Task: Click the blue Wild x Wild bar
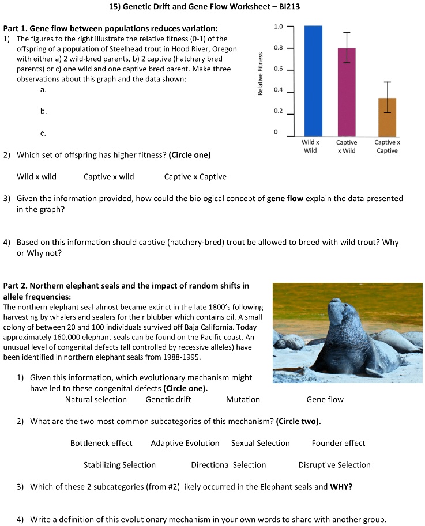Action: coord(313,81)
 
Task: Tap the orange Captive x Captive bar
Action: coord(387,116)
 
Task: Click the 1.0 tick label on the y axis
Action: coord(279,27)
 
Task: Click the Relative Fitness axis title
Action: coord(261,74)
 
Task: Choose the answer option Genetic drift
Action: coord(168,399)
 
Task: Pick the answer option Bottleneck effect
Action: coord(101,443)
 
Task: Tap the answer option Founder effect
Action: coord(339,443)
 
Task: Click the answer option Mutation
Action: coord(243,399)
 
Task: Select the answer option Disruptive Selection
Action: coord(334,465)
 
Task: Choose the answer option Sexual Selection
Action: coord(260,443)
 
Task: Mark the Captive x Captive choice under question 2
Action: coord(195,177)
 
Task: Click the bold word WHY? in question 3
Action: coord(341,487)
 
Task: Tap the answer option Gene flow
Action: coord(325,399)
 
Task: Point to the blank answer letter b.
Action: coord(43,111)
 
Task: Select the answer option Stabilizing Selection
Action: coord(119,465)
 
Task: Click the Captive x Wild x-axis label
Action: coord(346,146)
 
